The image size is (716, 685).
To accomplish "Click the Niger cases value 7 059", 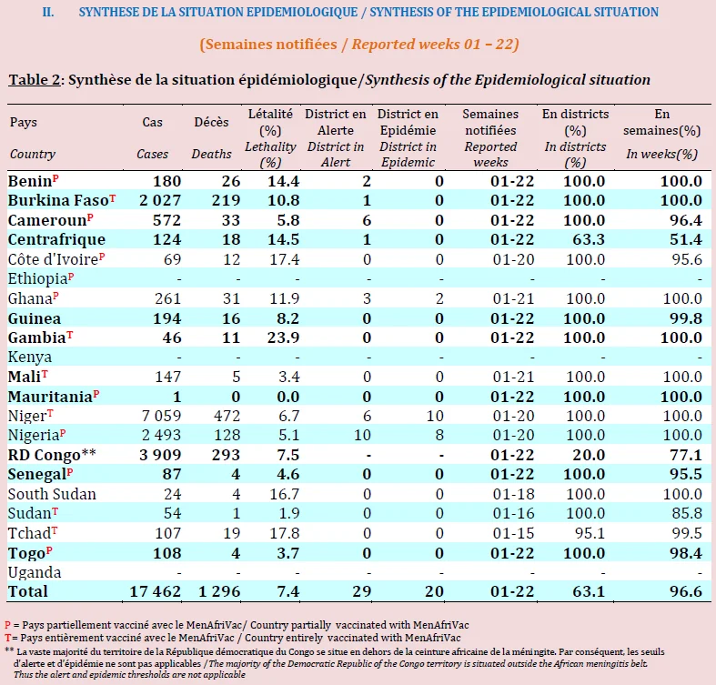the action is coord(161,416).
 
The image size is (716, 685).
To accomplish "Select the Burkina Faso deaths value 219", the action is coord(226,200).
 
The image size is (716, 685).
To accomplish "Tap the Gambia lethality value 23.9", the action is coord(284,337).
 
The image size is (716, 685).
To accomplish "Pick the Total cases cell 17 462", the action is coord(156,592).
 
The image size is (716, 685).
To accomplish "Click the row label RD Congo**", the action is coord(52,455).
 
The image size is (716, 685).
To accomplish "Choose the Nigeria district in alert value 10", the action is coord(363,435).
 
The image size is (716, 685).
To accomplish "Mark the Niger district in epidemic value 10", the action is coord(435,416).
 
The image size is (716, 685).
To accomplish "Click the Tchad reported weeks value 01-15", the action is coord(513,533).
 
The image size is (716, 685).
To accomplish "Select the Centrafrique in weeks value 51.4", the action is coord(686,240).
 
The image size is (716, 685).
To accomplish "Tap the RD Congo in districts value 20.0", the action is coord(589,455).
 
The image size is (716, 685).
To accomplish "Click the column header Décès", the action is coord(211,123).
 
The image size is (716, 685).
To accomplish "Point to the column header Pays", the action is coord(24,123).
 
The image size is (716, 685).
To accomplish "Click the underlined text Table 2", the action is coord(35,80).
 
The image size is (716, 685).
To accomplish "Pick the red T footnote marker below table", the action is coord(8,638).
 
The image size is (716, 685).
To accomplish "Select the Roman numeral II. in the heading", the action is coord(48,12).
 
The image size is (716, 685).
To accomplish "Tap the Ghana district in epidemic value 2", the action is coord(439,298).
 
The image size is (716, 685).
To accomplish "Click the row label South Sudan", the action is coord(52,494).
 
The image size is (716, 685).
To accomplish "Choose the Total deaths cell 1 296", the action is coord(219,592).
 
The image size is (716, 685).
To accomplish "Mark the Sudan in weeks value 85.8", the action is coord(687,514).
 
